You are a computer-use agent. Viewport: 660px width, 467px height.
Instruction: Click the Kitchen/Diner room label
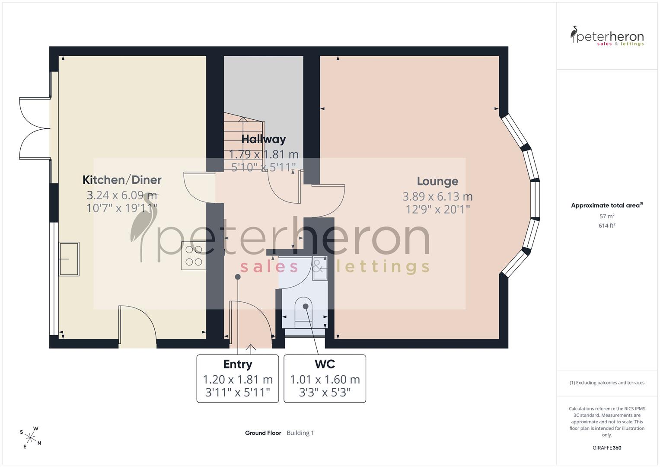tap(122, 180)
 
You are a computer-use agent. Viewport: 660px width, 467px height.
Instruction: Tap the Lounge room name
tap(437, 181)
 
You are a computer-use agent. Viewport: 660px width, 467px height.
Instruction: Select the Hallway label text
tap(263, 139)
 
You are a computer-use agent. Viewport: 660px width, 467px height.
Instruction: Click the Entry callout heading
tap(238, 365)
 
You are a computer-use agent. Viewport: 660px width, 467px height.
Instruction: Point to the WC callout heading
tap(325, 364)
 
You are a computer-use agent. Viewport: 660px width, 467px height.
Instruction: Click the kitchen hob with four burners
tap(194, 256)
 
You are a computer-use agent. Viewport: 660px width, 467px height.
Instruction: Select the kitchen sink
tap(69, 259)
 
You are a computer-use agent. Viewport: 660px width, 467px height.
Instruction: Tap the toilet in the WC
tap(305, 313)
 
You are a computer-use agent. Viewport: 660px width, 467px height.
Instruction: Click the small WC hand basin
tap(319, 268)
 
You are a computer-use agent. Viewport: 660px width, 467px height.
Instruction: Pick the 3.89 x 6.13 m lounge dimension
tap(437, 196)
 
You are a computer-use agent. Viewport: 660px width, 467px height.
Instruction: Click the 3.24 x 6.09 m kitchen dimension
tap(122, 195)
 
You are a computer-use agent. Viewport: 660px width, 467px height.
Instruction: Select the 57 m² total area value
tap(607, 216)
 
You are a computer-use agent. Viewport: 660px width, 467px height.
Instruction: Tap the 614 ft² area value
tap(607, 226)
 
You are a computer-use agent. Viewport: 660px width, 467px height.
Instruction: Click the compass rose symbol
tap(30, 438)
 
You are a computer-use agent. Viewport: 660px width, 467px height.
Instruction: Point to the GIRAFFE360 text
tap(607, 448)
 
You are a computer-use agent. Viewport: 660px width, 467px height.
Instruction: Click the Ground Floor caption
tap(263, 433)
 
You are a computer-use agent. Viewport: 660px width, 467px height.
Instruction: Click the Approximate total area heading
tap(607, 205)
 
